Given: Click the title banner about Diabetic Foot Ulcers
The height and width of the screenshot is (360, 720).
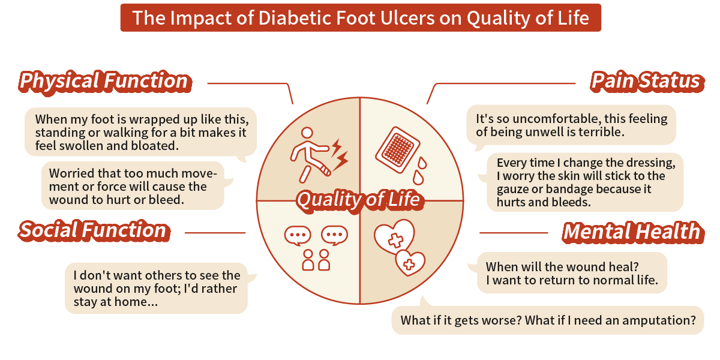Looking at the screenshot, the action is click(x=361, y=17).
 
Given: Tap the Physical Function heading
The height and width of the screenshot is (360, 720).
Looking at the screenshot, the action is click(x=104, y=82).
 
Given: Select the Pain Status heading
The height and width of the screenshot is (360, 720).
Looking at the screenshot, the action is click(x=647, y=81).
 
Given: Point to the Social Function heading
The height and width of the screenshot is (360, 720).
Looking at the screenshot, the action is click(x=94, y=230).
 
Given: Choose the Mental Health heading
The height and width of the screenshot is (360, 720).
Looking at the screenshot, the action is click(x=633, y=232).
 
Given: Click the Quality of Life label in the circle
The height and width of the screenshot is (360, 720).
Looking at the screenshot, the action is click(x=359, y=200).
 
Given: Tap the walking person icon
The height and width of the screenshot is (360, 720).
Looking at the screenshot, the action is click(x=311, y=155).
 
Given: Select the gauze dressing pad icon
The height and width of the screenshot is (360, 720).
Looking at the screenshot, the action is click(x=398, y=150).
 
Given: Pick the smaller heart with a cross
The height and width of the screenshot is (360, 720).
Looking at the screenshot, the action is click(x=410, y=263).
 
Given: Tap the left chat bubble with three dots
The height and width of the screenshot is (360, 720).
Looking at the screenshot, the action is click(x=298, y=236).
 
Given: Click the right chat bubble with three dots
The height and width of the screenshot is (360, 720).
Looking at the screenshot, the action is click(x=334, y=236).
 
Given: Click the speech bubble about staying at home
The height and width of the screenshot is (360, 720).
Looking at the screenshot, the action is click(x=157, y=289).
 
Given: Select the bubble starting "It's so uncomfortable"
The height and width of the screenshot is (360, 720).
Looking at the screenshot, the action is click(x=571, y=125).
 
